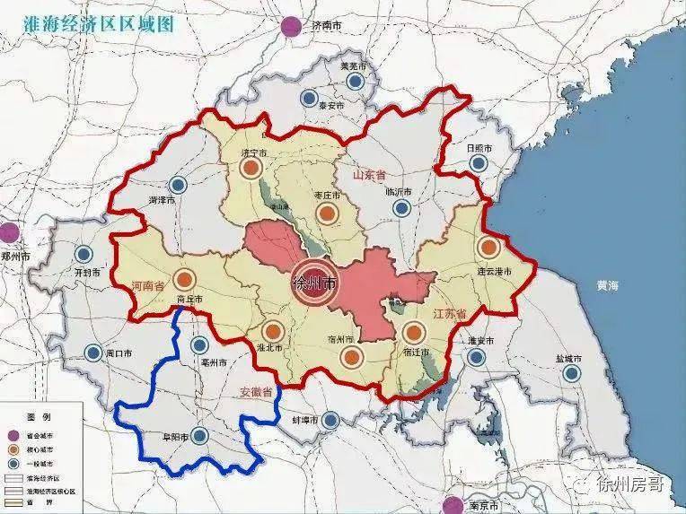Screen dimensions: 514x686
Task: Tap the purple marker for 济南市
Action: point(290,27)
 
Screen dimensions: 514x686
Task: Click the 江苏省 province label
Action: point(449,314)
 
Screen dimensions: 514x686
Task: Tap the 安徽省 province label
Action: point(256,393)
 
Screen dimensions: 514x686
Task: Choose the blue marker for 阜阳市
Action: point(200,436)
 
